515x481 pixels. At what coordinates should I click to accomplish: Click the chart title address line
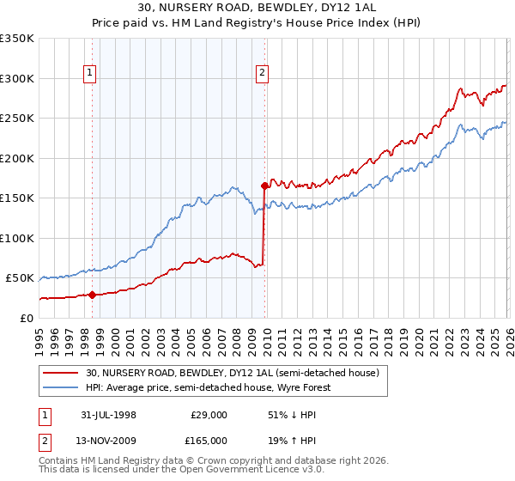pos(257,7)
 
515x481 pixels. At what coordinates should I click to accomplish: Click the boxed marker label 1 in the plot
pos(92,74)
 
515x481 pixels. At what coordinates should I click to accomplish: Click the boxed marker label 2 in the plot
pos(262,74)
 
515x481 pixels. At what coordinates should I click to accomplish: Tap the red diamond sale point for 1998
pos(93,295)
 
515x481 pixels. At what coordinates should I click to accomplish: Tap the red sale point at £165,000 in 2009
pos(264,186)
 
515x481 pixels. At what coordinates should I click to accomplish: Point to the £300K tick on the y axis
pos(17,78)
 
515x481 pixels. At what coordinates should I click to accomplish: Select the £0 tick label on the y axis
pos(26,318)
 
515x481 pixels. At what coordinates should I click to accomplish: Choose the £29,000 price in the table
pos(209,415)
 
